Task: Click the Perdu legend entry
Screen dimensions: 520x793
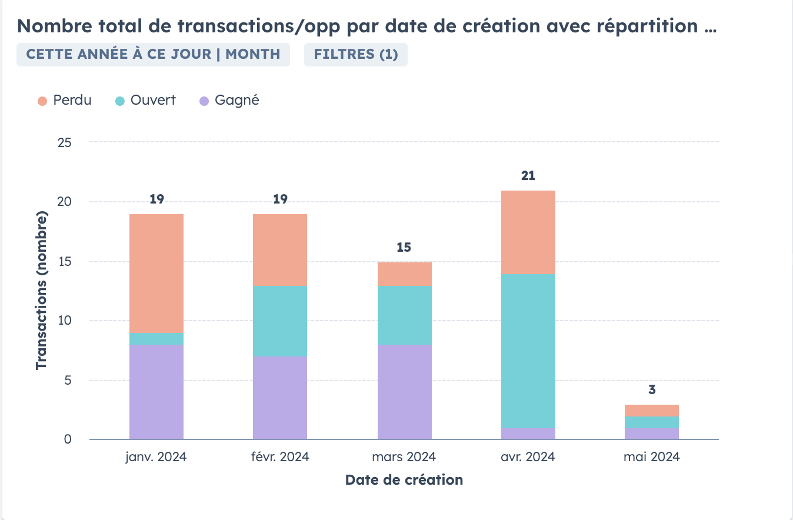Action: pyautogui.click(x=65, y=101)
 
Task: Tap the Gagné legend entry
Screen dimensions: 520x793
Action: pyautogui.click(x=229, y=101)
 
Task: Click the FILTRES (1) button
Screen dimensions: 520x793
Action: pyautogui.click(x=355, y=55)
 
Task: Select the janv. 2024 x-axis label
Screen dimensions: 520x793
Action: pyautogui.click(x=156, y=457)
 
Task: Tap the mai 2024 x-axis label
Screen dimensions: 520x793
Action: pyautogui.click(x=651, y=457)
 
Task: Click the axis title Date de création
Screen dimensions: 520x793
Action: pyautogui.click(x=404, y=480)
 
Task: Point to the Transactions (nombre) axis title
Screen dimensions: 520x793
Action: pyautogui.click(x=41, y=291)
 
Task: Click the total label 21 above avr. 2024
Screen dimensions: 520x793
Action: pyautogui.click(x=528, y=175)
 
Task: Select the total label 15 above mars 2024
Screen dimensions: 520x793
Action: pyautogui.click(x=404, y=247)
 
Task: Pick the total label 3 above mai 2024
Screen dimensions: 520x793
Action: pyautogui.click(x=652, y=389)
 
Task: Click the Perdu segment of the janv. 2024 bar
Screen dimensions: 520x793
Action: pyautogui.click(x=156, y=274)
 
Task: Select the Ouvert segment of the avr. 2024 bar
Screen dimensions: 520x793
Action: pyautogui.click(x=528, y=351)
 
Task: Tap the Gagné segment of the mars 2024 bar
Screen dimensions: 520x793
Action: pyautogui.click(x=404, y=392)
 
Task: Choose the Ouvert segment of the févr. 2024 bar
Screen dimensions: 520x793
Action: pyautogui.click(x=280, y=321)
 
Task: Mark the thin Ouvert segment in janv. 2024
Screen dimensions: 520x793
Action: pyautogui.click(x=156, y=339)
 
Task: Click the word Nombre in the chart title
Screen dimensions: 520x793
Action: pyautogui.click(x=54, y=26)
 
